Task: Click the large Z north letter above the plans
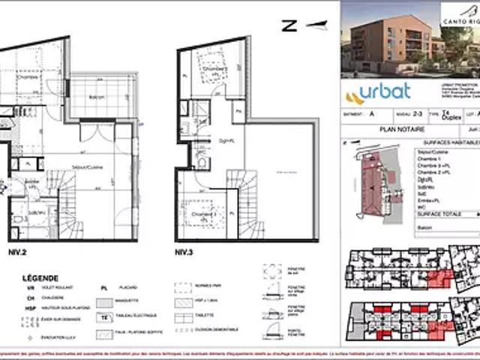(288, 25)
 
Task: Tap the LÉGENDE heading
(40, 277)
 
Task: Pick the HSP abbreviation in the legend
(29, 307)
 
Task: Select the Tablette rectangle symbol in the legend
(182, 316)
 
